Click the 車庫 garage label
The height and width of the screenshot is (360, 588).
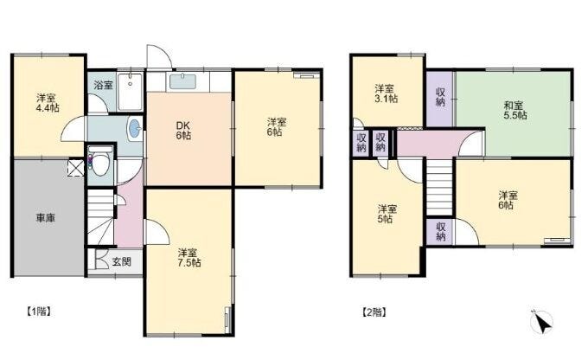tap(46, 218)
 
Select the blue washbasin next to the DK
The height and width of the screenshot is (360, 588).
tap(134, 129)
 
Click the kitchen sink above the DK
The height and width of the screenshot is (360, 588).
tap(182, 82)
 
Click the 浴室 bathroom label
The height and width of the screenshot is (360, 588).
tap(103, 85)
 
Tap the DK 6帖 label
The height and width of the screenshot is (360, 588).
tap(183, 131)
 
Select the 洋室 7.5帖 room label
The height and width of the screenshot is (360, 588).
tap(189, 258)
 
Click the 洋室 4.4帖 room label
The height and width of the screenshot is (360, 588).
tap(48, 103)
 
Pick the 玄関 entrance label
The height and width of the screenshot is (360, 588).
tap(122, 261)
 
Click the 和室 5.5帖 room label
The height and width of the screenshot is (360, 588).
tap(514, 111)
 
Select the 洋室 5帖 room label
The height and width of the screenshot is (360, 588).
tap(387, 214)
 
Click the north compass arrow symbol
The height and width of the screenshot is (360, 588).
tap(541, 322)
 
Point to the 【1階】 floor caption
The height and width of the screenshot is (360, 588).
tap(39, 312)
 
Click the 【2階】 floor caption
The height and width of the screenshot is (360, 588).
tap(374, 312)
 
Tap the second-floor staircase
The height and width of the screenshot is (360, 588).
tap(439, 188)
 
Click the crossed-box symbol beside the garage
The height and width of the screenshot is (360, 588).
tap(75, 167)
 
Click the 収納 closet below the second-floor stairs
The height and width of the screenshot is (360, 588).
tap(440, 232)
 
